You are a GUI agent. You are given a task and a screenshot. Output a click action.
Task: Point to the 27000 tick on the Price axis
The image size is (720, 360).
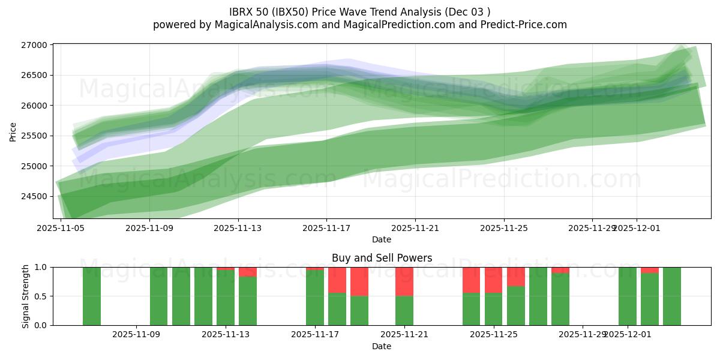(34, 45)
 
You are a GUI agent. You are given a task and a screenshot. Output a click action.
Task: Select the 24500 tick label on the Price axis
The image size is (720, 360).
(34, 196)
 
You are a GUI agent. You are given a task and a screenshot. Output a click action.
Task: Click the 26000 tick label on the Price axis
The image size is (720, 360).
(34, 106)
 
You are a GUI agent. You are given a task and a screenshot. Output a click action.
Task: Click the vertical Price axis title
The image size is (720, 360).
(13, 132)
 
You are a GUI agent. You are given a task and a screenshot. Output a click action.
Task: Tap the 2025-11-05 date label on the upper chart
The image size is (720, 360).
(61, 228)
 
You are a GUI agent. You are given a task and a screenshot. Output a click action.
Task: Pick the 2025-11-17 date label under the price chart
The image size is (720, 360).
(326, 228)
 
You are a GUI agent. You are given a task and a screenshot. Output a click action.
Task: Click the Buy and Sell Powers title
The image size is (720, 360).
(382, 259)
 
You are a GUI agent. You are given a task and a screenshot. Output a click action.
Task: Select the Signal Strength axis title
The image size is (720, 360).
(25, 296)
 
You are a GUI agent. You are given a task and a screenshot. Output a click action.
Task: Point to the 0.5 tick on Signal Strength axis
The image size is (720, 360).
(41, 296)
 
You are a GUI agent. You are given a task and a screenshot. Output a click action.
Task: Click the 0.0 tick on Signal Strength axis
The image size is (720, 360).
(41, 325)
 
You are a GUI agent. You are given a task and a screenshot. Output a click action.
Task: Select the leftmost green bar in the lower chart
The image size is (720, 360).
(92, 296)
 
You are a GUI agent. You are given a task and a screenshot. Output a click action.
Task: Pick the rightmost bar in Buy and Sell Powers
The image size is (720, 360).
(672, 296)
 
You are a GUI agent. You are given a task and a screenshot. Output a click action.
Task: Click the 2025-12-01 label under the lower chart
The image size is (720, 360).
(627, 334)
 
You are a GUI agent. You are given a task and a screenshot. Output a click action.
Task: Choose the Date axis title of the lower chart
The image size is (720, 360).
(382, 346)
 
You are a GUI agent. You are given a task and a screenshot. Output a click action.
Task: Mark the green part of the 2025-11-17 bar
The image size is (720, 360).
(315, 298)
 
